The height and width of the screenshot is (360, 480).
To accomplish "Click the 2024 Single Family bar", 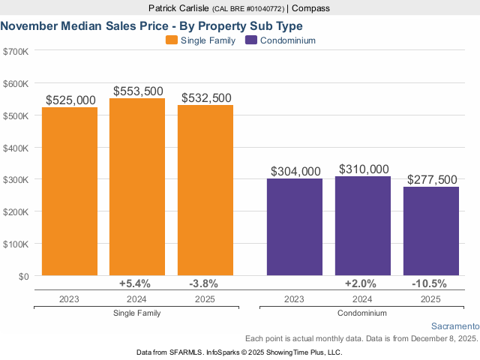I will [137, 187].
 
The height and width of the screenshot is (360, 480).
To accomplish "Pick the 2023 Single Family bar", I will [70, 192].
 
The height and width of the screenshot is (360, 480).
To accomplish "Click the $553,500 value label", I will [138, 91].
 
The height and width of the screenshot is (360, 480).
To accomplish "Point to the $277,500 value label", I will [432, 180].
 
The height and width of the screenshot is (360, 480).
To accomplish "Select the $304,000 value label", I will [295, 172].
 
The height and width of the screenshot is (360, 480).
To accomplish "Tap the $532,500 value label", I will [206, 98].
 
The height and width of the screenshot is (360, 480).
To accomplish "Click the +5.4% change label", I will [135, 283].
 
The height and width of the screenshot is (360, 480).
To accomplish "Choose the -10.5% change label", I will [429, 283].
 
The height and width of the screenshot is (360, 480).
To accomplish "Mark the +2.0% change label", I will [361, 283].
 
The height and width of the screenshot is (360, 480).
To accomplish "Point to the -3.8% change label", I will [203, 283].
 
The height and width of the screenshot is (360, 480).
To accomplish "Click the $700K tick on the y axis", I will [16, 52].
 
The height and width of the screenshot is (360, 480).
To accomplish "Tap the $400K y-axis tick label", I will [16, 148].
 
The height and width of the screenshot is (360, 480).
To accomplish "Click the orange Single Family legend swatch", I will [172, 40].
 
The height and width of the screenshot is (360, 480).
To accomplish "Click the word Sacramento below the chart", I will [454, 326].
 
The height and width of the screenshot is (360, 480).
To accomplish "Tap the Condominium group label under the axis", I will [362, 313].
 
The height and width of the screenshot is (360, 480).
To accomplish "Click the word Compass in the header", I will [310, 8].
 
